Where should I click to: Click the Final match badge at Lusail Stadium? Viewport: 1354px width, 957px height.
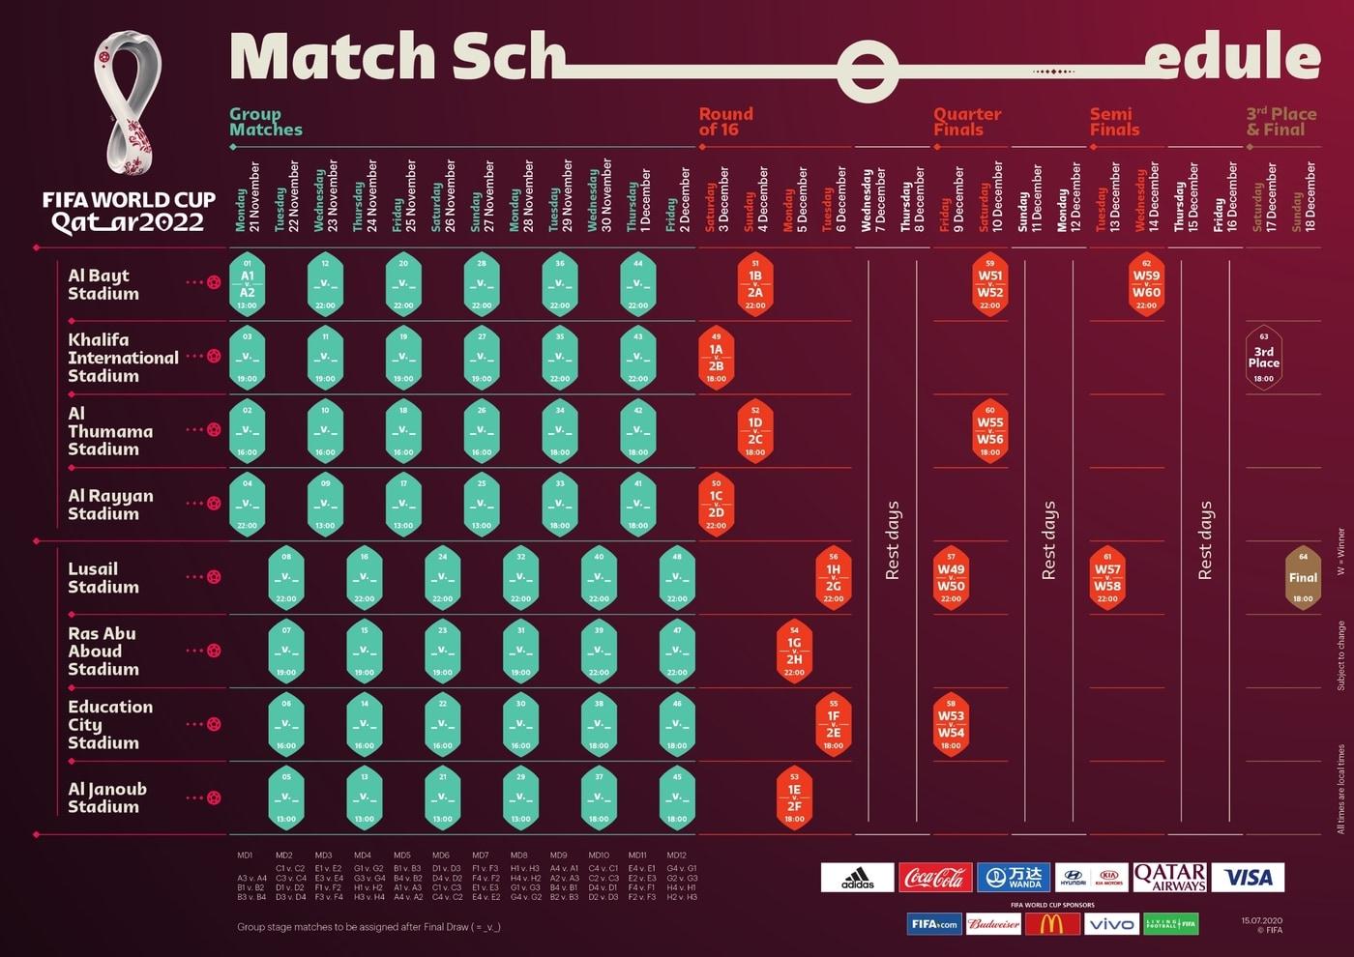1303,578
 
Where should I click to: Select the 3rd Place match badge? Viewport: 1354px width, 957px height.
1263,358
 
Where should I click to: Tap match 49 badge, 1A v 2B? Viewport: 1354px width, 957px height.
716,358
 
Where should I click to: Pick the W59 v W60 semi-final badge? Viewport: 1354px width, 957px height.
1146,284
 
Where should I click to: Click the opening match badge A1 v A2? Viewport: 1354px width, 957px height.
247,284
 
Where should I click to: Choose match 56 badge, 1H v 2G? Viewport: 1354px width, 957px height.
833,578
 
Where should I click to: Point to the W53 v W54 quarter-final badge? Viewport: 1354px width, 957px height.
951,725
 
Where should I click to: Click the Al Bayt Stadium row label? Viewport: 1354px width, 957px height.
99,284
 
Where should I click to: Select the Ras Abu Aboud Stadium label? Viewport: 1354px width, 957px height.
103,651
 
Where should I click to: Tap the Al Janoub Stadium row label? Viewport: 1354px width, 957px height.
107,797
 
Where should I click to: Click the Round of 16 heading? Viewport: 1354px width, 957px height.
725,122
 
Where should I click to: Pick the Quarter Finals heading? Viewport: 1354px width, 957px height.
966,122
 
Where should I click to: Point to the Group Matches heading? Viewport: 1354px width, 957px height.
265,122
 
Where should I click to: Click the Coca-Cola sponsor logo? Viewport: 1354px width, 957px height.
935,877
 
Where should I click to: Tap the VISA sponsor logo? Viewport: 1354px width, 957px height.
1248,877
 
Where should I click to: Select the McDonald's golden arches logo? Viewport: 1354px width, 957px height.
1052,924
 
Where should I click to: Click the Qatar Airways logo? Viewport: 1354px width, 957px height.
1169,877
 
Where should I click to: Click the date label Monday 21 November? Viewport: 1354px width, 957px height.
248,197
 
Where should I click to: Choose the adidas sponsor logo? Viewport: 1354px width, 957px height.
857,877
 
